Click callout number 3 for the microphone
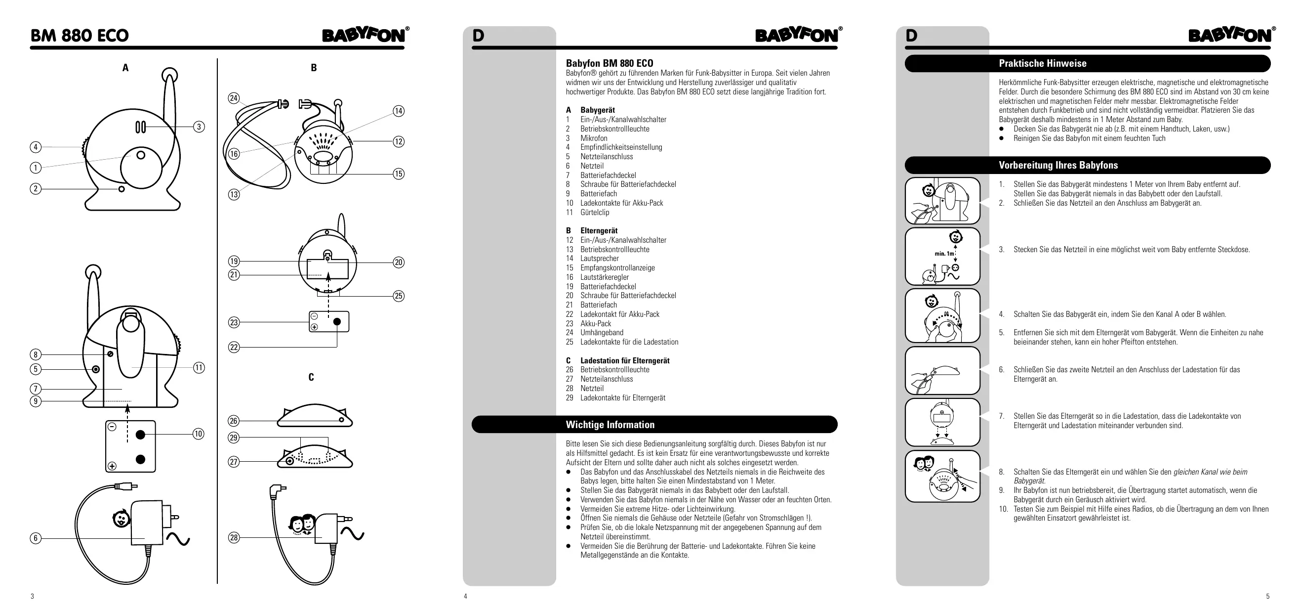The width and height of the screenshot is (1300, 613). pos(199,127)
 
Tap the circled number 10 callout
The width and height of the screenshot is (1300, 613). pos(199,434)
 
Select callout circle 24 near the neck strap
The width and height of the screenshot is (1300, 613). pos(234,98)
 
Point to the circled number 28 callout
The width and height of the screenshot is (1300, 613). pos(234,538)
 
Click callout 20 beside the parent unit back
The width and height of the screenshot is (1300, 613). pos(399,262)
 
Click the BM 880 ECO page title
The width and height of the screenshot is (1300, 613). pos(80,35)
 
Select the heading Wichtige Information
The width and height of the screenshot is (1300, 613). pos(609,425)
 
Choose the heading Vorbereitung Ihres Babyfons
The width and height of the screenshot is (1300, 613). pos(1058,165)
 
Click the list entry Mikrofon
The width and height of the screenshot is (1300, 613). pos(594,138)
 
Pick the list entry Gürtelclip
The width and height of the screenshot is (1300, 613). pos(595,213)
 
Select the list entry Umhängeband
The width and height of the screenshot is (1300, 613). pos(602,333)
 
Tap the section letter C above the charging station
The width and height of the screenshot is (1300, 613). pos(311,377)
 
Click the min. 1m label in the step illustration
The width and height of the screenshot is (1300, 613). pos(944,254)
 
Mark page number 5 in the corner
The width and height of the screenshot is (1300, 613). pos(1268,596)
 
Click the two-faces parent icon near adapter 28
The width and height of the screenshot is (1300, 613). pos(302,524)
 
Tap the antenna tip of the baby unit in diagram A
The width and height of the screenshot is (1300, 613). pos(169,75)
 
